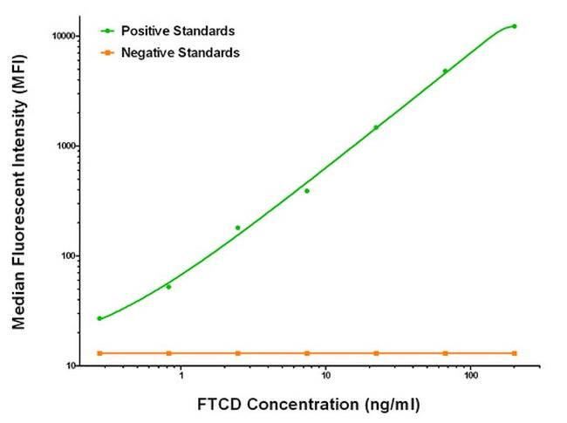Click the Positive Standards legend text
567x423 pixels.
click(x=177, y=31)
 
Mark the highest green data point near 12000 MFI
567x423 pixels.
click(x=515, y=26)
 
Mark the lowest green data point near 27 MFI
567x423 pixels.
click(x=99, y=318)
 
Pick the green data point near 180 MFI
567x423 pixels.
click(x=237, y=228)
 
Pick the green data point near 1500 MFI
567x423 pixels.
click(x=376, y=127)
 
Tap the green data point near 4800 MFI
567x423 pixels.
click(x=445, y=72)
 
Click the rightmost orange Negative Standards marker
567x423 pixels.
click(x=515, y=353)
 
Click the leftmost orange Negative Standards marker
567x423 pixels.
click(x=99, y=353)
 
